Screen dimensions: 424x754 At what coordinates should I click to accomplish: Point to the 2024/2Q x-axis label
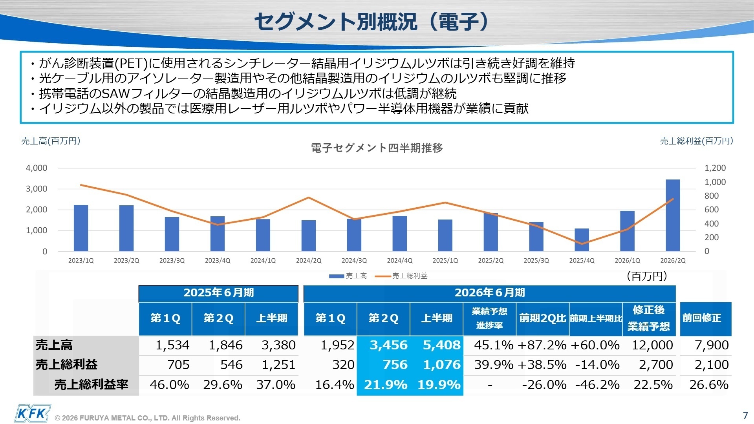(x=309, y=261)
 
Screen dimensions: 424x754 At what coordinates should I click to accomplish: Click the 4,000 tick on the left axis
(x=37, y=168)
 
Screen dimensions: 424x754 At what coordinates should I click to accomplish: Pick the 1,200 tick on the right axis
(x=715, y=168)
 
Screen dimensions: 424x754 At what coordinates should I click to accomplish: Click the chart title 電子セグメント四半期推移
(x=377, y=148)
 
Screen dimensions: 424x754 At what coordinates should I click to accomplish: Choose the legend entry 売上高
(x=356, y=276)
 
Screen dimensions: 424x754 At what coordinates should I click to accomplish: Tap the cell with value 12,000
(x=652, y=345)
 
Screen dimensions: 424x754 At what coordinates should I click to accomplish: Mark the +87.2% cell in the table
(x=542, y=345)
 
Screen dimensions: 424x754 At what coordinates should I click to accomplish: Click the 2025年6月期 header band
(x=218, y=293)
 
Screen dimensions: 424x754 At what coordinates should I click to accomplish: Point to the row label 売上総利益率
(x=91, y=384)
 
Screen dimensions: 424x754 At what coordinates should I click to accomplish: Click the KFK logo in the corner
(x=33, y=413)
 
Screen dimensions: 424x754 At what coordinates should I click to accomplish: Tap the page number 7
(x=745, y=415)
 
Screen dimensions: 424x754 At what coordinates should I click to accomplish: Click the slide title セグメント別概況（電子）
(x=371, y=21)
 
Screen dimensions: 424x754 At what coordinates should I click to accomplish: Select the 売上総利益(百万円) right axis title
(x=696, y=141)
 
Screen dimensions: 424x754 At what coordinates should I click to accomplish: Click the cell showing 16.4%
(x=335, y=385)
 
